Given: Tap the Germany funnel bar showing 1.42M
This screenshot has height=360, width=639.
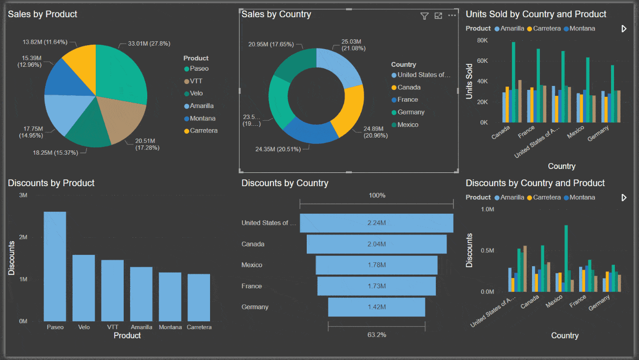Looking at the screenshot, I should (376, 307).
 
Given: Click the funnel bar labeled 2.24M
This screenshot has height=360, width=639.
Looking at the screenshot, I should (376, 223).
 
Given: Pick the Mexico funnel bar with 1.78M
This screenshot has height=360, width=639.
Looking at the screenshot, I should (376, 265).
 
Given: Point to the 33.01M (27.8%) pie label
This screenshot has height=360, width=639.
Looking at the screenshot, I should (149, 44).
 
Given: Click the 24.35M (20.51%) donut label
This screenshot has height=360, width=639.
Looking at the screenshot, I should (278, 149).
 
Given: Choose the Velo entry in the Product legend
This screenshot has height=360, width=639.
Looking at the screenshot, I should (196, 93).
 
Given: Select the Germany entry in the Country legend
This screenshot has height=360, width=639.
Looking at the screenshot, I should (411, 112).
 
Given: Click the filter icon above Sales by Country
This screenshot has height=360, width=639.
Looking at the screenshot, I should (425, 16).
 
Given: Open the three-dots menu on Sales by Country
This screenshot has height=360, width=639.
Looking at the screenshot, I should (452, 16).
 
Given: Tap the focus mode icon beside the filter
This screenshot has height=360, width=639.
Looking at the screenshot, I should (438, 16).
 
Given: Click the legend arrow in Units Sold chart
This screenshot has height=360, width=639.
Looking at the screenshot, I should (624, 28).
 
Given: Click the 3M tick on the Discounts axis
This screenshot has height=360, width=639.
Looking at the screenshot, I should (23, 195).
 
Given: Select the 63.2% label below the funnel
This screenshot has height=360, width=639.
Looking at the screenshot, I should (376, 334).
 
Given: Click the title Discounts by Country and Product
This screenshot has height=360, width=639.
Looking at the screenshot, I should (535, 183).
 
